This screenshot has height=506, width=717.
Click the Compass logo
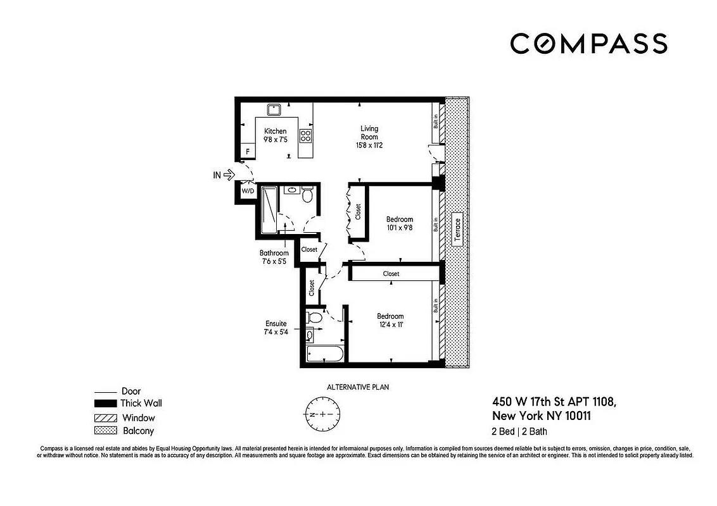pyautogui.click(x=588, y=44)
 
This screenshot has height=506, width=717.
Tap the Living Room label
pyautogui.click(x=369, y=133)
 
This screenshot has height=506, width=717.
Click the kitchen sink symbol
pyautogui.click(x=274, y=109)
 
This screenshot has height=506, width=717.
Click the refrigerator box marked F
pyautogui.click(x=247, y=152)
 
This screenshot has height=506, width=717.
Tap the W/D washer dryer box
pyautogui.click(x=246, y=191)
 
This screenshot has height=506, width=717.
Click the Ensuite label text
pyautogui.click(x=276, y=324)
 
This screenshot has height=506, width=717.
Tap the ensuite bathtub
pyautogui.click(x=325, y=354)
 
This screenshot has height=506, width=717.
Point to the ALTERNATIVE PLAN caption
pyautogui.click(x=358, y=387)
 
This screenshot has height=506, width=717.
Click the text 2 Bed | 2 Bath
pyautogui.click(x=520, y=432)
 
